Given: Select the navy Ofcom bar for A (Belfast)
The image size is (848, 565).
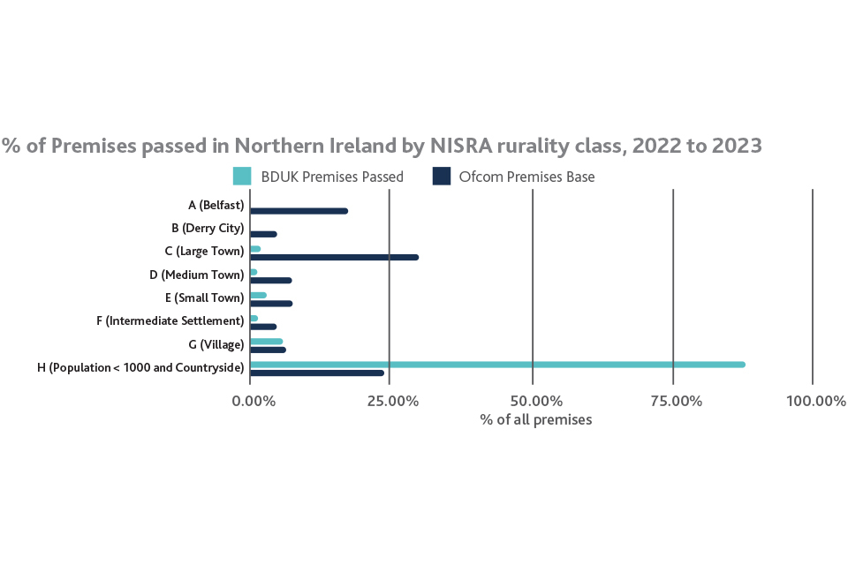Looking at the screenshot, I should point(299,211).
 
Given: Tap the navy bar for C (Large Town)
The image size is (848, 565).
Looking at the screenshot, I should point(334,257).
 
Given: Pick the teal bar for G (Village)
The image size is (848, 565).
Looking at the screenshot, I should point(267,341).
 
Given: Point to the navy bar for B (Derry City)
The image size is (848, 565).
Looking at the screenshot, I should point(263,234).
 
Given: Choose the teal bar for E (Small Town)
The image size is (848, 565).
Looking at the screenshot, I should point(258,295).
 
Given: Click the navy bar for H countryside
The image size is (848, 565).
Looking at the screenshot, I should point(317,373).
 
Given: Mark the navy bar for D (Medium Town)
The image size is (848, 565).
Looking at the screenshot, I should point(270,280).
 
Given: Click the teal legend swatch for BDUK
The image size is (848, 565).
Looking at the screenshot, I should point(242,177).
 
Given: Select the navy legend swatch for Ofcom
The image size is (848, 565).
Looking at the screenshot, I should point(442,177).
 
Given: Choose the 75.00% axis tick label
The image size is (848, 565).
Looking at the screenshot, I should point(676,401).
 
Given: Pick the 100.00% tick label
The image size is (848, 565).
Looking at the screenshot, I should point(815,401).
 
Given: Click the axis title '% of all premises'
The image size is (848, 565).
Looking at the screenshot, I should point(536,419).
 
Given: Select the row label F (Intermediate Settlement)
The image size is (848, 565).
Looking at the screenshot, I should point(170,320).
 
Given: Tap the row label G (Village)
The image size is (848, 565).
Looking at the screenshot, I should point(209,343).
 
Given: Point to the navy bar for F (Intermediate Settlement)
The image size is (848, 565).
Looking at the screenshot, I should point(263,327).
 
